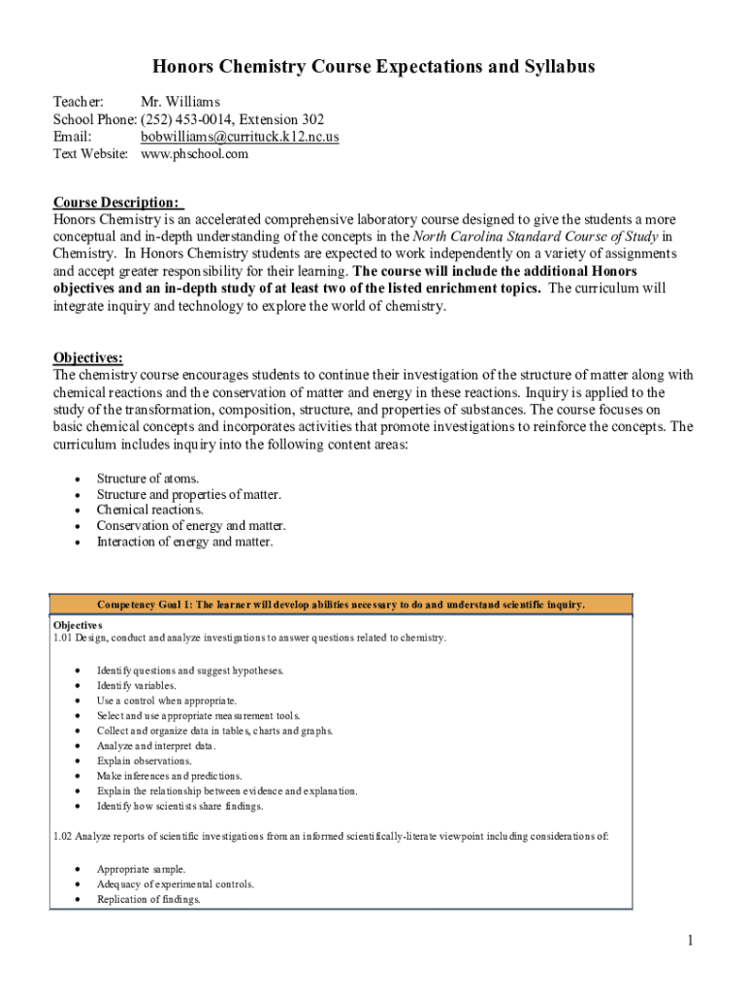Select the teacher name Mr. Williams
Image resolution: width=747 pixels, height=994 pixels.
click(180, 101)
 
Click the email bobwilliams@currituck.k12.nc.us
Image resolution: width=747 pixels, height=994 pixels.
click(240, 137)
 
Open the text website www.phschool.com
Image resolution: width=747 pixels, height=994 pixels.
click(194, 154)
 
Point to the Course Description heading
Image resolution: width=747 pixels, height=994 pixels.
click(115, 202)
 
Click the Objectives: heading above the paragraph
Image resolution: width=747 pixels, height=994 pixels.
click(87, 357)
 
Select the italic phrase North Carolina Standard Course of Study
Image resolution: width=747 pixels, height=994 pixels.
click(536, 236)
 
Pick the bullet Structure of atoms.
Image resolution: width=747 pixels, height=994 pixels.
click(147, 479)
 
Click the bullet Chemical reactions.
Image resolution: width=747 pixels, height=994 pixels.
click(149, 510)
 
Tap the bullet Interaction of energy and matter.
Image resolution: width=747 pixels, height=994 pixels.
click(184, 542)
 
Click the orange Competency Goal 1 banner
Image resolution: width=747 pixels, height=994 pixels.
click(341, 605)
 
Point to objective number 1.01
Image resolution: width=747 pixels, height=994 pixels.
click(63, 638)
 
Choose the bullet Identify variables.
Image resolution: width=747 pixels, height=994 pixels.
click(136, 685)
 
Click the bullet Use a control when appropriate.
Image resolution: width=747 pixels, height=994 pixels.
click(166, 700)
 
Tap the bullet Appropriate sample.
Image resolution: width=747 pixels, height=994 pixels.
click(141, 869)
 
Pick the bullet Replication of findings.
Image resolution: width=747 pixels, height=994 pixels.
click(148, 900)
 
